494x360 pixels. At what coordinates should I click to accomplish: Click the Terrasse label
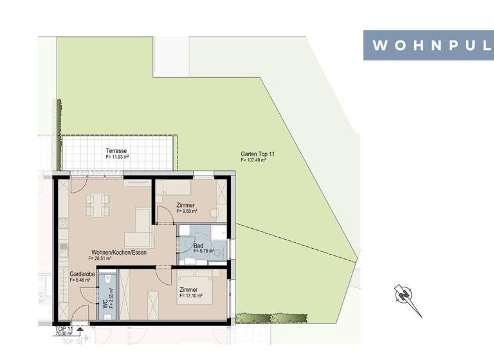[x=116, y=151]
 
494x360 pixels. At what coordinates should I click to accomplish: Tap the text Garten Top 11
[x=257, y=154]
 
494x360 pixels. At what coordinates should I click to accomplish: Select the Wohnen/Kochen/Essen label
[x=119, y=253]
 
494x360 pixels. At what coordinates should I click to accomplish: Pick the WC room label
[x=105, y=304]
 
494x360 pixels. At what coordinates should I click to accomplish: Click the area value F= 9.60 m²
[x=187, y=211]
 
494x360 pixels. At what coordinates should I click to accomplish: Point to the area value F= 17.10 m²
[x=191, y=296]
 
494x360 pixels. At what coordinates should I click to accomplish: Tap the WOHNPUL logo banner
[x=428, y=46]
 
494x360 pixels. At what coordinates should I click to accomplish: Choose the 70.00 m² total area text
[x=64, y=334]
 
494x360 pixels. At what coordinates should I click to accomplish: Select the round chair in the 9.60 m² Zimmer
[x=215, y=212]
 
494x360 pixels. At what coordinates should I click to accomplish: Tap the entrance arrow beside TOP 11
[x=80, y=331]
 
